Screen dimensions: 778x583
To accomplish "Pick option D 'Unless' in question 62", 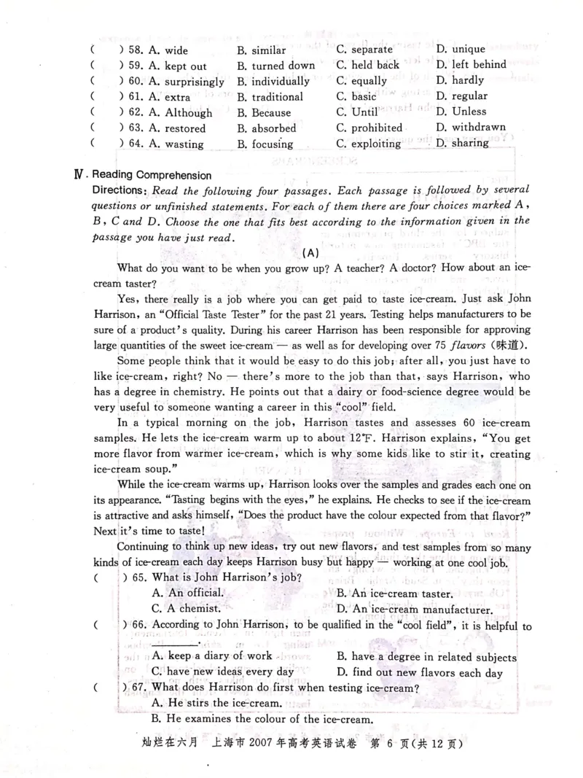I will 461,112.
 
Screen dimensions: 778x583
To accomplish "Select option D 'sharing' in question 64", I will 462,143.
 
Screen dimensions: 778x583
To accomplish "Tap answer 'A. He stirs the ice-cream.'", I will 216,703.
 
